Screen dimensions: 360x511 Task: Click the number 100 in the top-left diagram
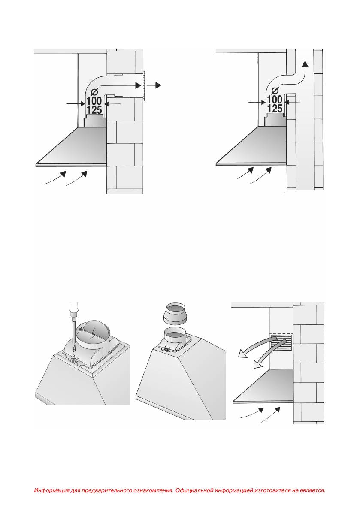[x=94, y=101]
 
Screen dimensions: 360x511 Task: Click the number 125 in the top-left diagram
[x=94, y=110]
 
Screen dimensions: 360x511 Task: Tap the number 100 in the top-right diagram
[x=275, y=100]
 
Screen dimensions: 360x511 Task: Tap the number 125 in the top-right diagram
[x=275, y=109]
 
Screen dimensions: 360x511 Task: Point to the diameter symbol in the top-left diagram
[x=94, y=92]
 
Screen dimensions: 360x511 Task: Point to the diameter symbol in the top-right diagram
[x=275, y=91]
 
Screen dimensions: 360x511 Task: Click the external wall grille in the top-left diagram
[x=143, y=86]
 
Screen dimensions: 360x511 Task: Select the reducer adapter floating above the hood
[x=177, y=314]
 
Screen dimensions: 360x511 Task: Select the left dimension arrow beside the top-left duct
[x=76, y=104]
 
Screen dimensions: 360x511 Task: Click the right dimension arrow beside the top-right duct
[x=292, y=102]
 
